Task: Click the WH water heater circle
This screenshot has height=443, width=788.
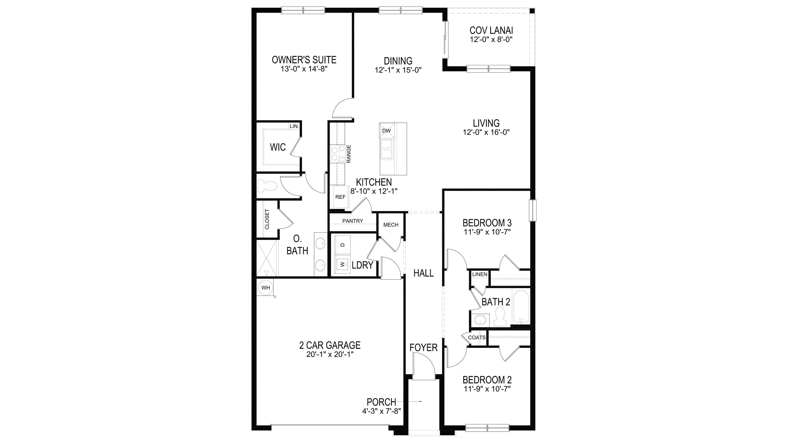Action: [x=265, y=288]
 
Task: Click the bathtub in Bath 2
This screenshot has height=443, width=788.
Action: [x=521, y=307]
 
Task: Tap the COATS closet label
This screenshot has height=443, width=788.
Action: [x=477, y=338]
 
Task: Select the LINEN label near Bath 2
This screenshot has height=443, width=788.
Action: [x=480, y=275]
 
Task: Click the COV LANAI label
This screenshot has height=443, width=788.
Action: [x=491, y=31]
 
